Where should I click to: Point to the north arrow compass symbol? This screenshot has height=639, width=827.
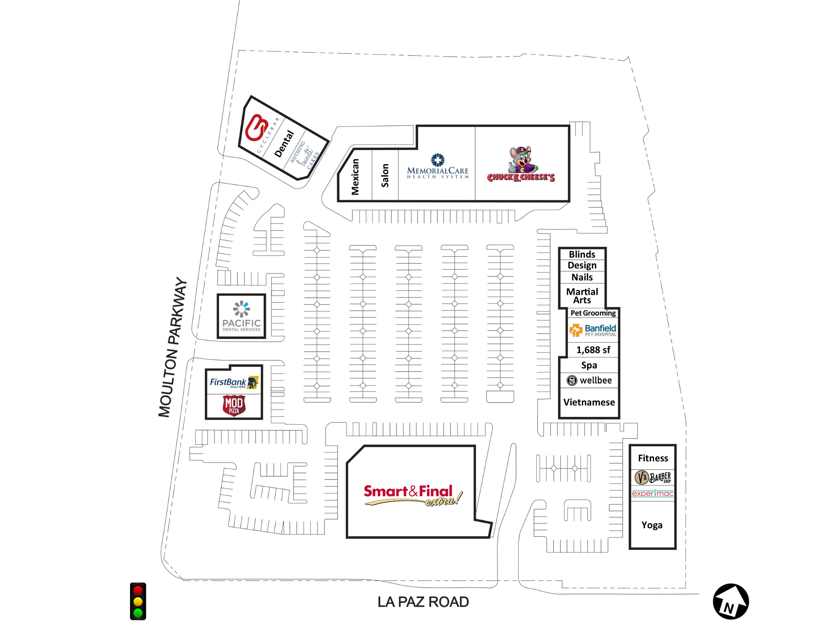[x=730, y=602]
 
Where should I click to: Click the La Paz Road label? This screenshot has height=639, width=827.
[x=423, y=602]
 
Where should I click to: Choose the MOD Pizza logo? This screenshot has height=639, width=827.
[x=234, y=405]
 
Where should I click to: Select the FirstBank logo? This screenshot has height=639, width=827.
[x=234, y=382]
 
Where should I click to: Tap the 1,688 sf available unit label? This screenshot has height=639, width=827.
[x=593, y=350]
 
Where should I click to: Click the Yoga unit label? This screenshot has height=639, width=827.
[x=652, y=525]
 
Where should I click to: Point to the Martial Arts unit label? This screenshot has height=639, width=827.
[x=582, y=296]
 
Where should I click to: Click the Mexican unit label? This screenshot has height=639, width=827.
[x=355, y=177]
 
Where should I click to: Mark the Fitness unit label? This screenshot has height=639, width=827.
[x=653, y=458]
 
